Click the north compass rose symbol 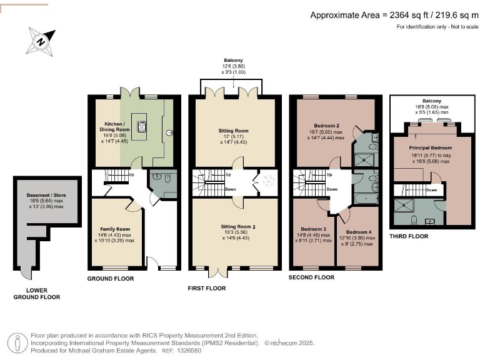click(41, 42)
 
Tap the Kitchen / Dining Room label click(114, 127)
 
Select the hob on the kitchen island click(142, 126)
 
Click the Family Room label click(115, 229)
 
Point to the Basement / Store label click(46, 195)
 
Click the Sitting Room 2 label click(238, 227)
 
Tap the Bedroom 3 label click(314, 229)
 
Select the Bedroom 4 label click(359, 232)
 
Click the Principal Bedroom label click(431, 148)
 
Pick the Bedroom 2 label click(326, 126)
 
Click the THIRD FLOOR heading click(409, 236)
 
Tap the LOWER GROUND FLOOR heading click(37, 294)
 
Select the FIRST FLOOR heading click(207, 288)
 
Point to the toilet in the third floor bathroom click(414, 220)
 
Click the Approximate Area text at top click(394, 15)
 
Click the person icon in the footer click(17, 343)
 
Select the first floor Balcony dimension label click(234, 66)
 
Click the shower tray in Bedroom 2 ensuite click(364, 160)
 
